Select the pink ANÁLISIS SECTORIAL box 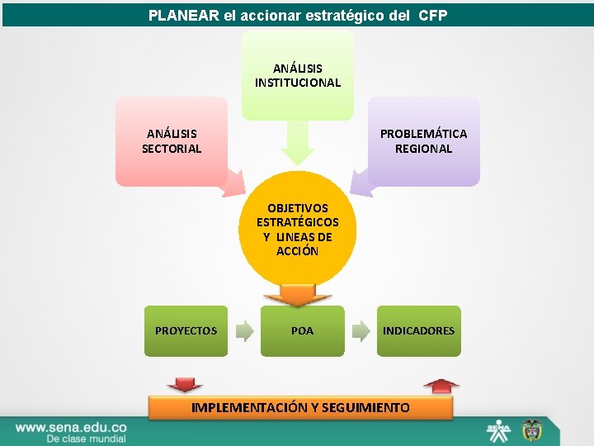[x=172, y=140]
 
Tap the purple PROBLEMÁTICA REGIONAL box [x=423, y=140]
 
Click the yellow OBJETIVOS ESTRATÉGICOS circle [x=298, y=230]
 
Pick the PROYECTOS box [x=186, y=331]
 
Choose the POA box [x=302, y=331]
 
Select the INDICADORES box [x=418, y=331]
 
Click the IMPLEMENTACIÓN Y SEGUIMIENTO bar [x=300, y=408]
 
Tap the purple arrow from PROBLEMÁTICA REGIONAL [x=360, y=183]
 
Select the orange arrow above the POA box [x=297, y=297]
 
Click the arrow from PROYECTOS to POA [x=244, y=331]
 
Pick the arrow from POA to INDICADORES [x=361, y=331]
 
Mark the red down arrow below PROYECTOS [x=184, y=384]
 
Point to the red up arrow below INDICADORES [x=441, y=385]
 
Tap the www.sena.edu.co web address [x=71, y=427]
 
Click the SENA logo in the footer [x=498, y=430]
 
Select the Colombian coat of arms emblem [x=528, y=430]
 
